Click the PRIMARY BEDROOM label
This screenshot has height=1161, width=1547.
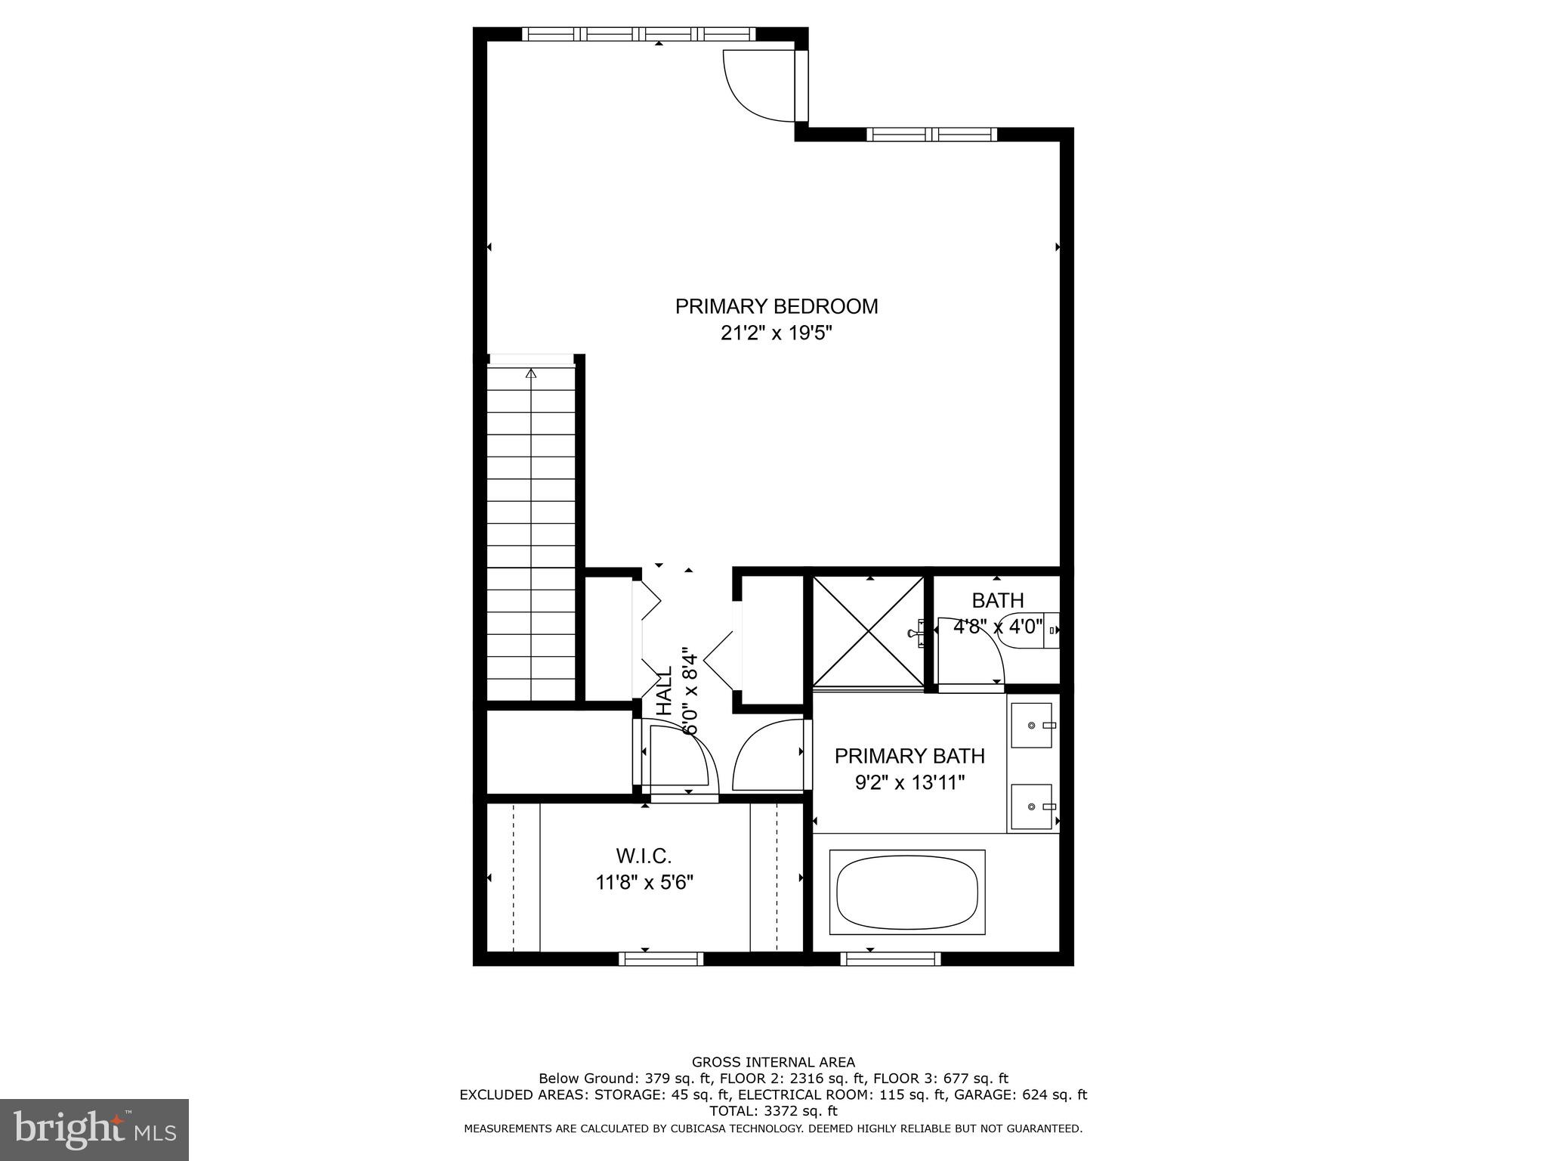tap(776, 306)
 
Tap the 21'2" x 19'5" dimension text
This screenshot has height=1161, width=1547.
tap(776, 333)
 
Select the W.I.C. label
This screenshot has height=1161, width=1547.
tap(644, 856)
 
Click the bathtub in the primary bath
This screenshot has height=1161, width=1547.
tap(907, 892)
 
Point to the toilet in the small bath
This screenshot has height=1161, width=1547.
tap(1029, 630)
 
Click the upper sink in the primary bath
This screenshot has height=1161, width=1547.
tap(1031, 725)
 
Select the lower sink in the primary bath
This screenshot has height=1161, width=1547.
tap(1031, 807)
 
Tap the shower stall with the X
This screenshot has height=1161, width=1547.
tap(869, 631)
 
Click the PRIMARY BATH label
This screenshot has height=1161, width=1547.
tap(909, 756)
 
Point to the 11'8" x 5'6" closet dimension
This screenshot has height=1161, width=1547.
tap(644, 882)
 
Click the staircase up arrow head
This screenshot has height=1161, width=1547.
tap(531, 373)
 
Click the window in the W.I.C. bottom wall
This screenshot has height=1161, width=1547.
tap(661, 958)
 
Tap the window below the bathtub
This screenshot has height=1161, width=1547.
tap(891, 958)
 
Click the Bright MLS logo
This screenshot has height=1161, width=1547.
tap(94, 1129)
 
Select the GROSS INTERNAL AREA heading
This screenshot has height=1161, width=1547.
tap(773, 1062)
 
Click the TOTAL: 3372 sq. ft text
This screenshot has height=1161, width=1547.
tap(773, 1111)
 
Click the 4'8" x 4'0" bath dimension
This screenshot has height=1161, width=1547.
tap(998, 627)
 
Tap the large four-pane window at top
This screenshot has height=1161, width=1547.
tap(638, 34)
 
